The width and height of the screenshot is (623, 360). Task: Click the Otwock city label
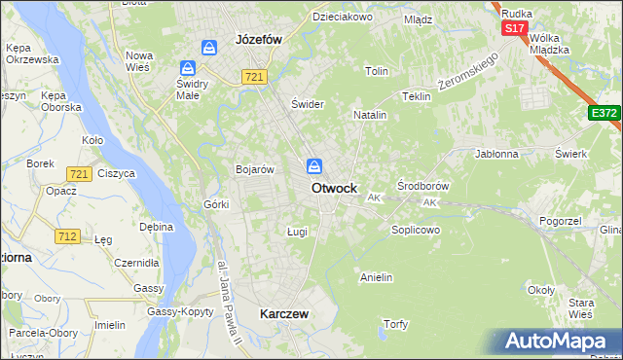point(334,188)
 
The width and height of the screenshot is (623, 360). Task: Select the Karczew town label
point(284,314)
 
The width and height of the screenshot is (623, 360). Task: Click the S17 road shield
point(514,29)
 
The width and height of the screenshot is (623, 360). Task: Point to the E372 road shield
point(603,113)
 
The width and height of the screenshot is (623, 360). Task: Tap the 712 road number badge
point(68,236)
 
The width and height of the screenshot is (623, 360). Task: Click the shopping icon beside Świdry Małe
point(188,68)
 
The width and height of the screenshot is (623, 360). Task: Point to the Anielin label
point(376,277)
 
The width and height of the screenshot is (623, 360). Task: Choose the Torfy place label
point(395,324)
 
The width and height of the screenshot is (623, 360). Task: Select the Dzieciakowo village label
point(343,17)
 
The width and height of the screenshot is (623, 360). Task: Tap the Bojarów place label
point(255,169)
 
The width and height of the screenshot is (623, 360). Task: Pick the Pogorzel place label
point(560,223)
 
